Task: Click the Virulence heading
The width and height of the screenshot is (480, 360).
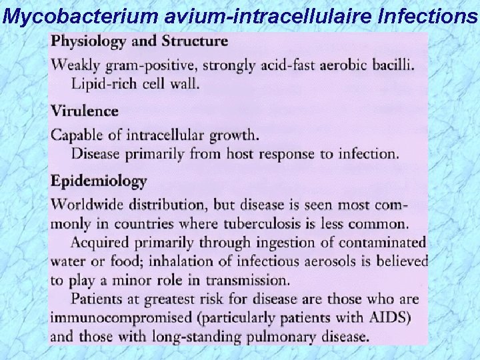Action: tap(85, 111)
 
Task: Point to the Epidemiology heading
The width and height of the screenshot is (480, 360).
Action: tap(98, 181)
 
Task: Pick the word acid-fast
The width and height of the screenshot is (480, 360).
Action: tap(289, 65)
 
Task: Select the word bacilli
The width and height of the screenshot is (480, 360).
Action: tap(391, 65)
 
